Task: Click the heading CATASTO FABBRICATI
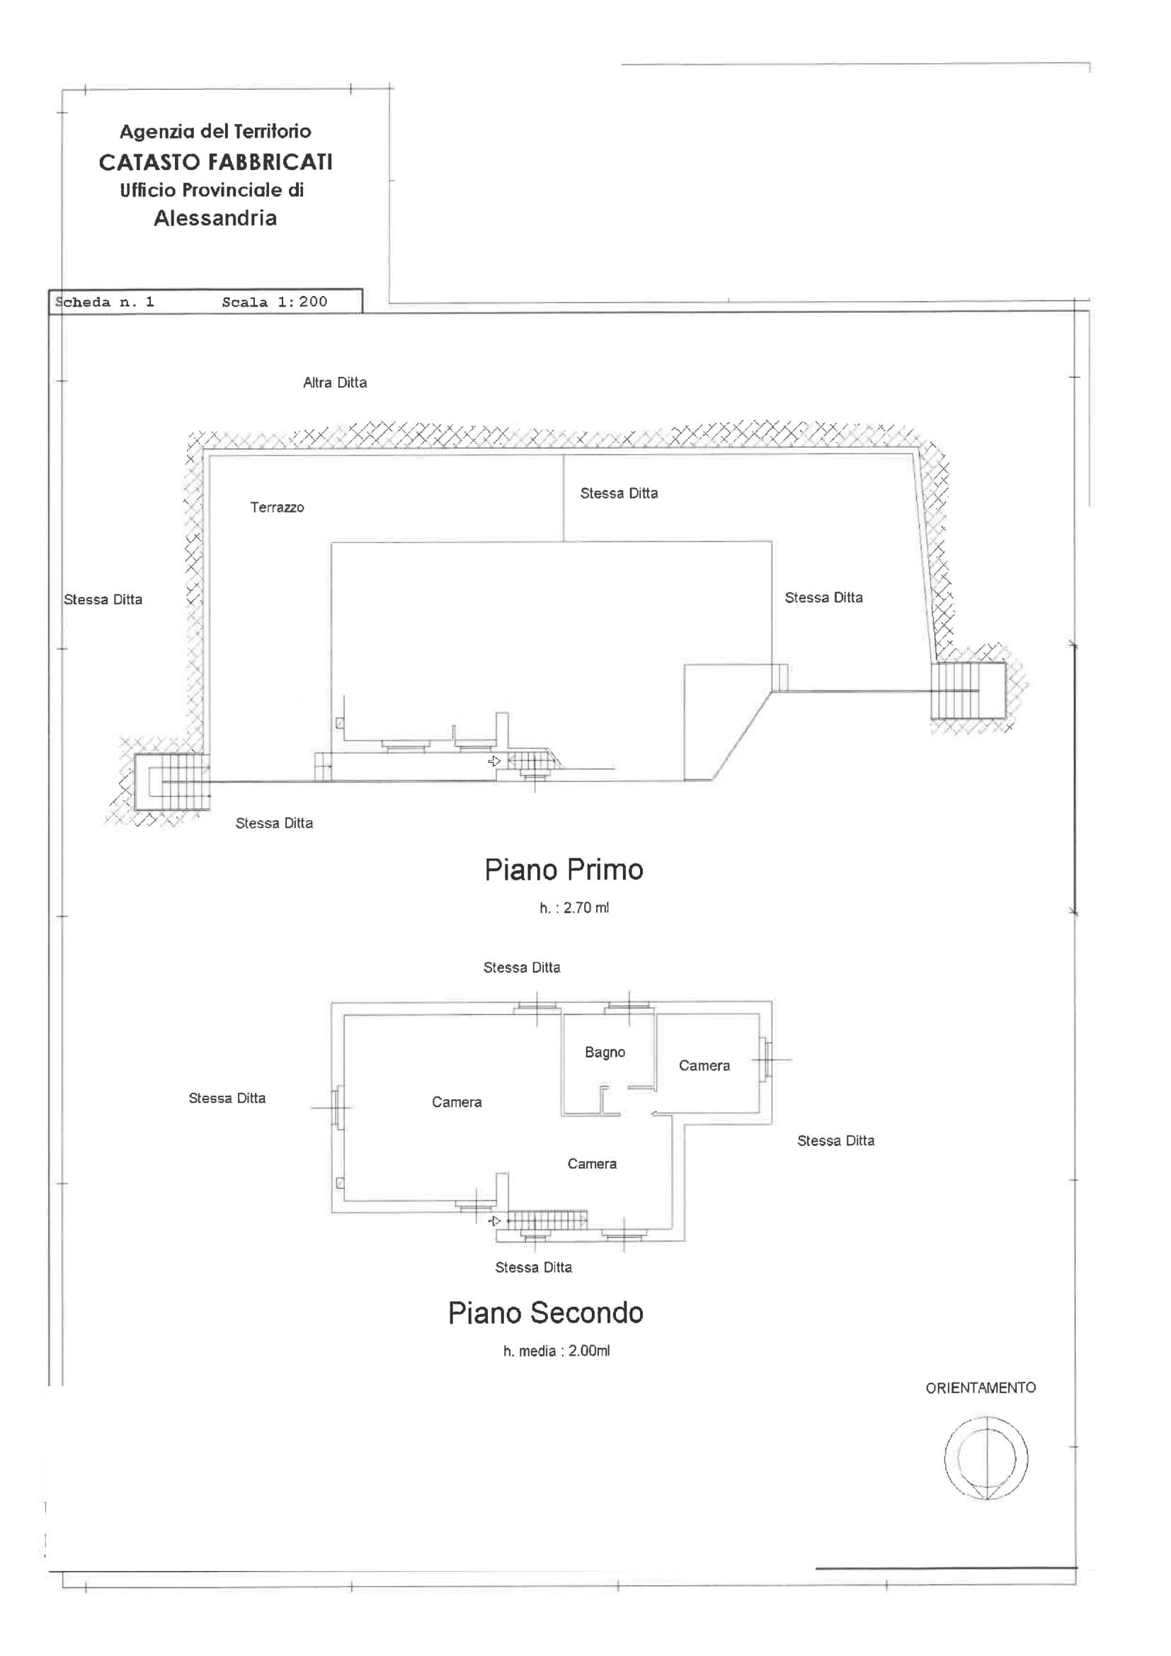216,162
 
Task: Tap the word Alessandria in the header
215,218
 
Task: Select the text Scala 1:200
275,302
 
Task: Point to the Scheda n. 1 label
105,302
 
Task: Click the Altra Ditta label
335,383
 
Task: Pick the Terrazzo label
277,507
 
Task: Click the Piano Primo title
564,870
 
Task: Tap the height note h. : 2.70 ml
574,908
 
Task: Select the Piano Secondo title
546,1312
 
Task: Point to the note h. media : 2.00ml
556,1351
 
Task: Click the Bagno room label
605,1053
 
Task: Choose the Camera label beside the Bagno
704,1065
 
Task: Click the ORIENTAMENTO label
981,1388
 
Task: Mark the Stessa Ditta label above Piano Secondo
521,968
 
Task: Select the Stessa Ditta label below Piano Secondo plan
534,1267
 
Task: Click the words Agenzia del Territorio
216,131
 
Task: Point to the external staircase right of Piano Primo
968,691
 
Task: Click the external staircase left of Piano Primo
172,782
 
